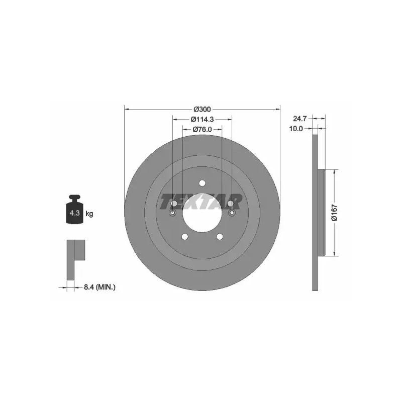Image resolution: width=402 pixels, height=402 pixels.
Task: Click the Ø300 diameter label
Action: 202,110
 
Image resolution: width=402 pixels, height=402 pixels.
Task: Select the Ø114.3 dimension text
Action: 202,120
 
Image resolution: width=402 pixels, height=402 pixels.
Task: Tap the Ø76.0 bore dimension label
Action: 202,130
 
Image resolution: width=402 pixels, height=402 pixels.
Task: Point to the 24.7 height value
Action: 299,119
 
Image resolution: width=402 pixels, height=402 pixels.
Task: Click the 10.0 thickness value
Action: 296,129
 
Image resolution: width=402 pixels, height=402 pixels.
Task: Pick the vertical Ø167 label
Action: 334,213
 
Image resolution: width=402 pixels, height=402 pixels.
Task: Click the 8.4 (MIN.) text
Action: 99,287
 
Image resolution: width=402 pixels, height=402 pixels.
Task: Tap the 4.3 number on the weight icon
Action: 74,213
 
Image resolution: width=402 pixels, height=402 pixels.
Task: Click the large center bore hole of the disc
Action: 202,213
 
